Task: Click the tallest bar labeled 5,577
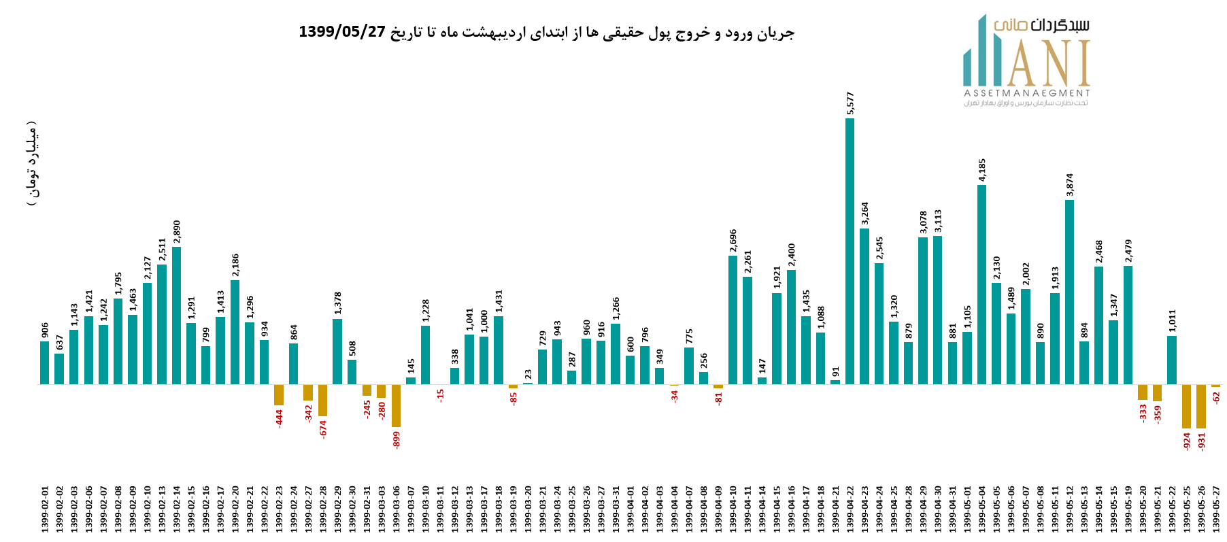[x=850, y=252]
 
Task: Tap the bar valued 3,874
[x=1069, y=292]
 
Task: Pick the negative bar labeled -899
[x=396, y=406]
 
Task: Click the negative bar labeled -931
[x=1201, y=407]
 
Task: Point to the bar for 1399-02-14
[x=177, y=316]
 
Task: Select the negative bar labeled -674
[x=323, y=401]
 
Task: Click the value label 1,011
[x=1172, y=321]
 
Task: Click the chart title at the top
[x=546, y=32]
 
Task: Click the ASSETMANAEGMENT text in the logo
[x=1026, y=93]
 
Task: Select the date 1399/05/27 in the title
[x=342, y=32]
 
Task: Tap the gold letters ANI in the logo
[x=1048, y=64]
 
